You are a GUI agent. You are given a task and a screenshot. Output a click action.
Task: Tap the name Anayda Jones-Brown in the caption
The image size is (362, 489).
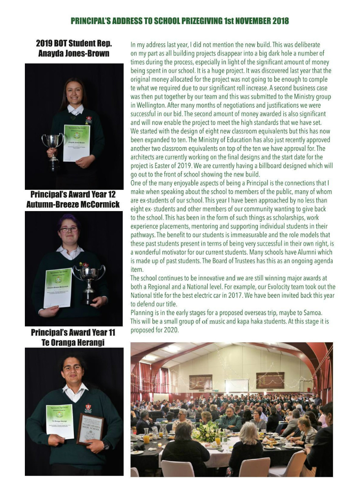pyautogui.click(x=74, y=53)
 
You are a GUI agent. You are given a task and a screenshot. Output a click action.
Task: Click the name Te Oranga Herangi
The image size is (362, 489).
pyautogui.click(x=73, y=343)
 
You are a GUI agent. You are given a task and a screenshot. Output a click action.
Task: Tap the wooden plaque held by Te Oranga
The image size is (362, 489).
pyautogui.click(x=90, y=429)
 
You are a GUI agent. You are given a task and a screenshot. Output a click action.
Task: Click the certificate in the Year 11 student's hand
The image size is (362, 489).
pyautogui.click(x=60, y=421)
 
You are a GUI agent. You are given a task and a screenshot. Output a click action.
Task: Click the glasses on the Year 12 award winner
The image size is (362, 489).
pyautogui.click(x=68, y=229)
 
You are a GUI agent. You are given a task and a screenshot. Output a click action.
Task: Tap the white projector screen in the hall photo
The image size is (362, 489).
pyautogui.click(x=237, y=385)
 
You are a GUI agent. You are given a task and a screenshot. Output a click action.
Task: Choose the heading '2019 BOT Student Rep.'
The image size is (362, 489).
pyautogui.click(x=74, y=44)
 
